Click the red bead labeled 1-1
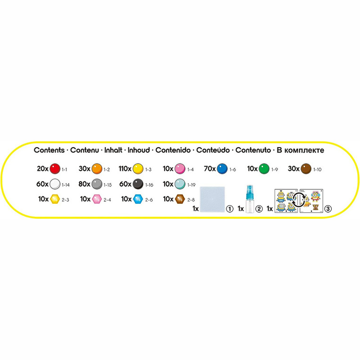click(x=55, y=167)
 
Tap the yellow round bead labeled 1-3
click(x=138, y=167)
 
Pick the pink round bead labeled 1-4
click(x=179, y=167)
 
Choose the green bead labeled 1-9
click(x=264, y=167)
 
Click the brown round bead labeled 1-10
click(x=306, y=167)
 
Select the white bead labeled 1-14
click(x=55, y=184)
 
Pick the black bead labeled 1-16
click(x=138, y=184)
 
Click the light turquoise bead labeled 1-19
click(x=179, y=184)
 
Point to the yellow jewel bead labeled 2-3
click(x=55, y=200)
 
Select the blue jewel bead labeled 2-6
click(x=138, y=200)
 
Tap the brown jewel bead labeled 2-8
click(x=179, y=200)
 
